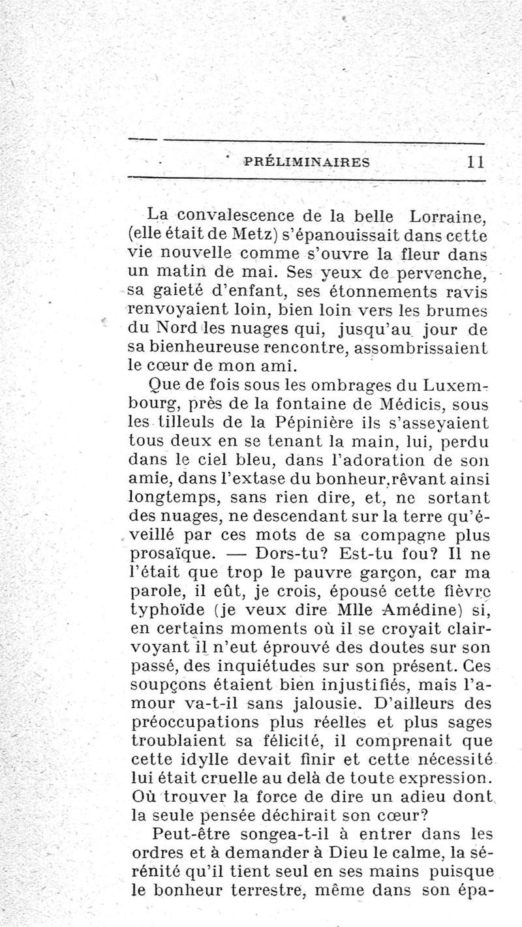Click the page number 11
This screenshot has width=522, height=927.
(474, 162)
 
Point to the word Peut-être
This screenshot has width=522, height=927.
(191, 834)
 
